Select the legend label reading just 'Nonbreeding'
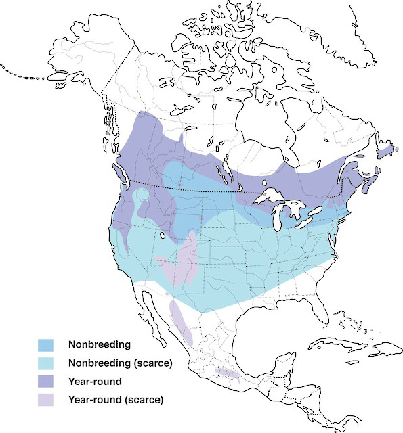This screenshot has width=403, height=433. click(x=99, y=345)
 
